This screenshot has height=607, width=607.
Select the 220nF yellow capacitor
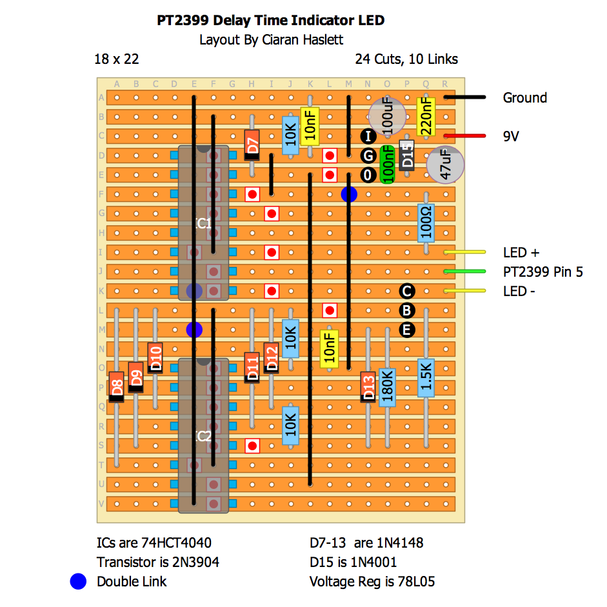pos(426,116)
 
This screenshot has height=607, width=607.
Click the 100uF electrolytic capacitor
pos(386,117)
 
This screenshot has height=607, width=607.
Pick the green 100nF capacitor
pos(388,164)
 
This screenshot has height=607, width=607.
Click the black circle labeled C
pos(406,291)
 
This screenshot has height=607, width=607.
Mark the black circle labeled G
pos(368,155)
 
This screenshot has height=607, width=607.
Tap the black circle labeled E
pos(406,330)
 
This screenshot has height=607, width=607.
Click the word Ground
pos(524,98)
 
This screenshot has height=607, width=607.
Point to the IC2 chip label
pos(203,436)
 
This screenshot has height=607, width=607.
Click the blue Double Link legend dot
pos(78,581)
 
